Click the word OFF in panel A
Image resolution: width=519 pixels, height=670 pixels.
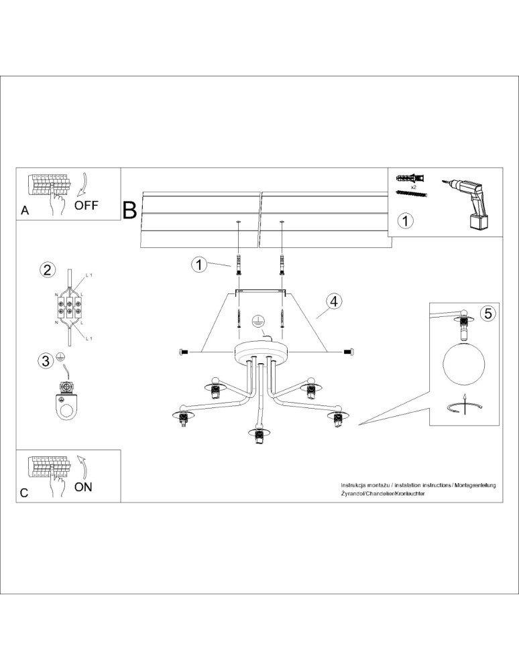tap(86, 205)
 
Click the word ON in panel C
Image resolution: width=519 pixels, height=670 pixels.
tap(83, 487)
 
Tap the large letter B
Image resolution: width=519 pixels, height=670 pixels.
tap(129, 210)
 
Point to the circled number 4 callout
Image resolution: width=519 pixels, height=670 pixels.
tap(333, 301)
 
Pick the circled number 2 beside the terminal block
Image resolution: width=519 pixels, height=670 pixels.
tap(47, 270)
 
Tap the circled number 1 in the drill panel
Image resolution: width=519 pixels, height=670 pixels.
tap(406, 220)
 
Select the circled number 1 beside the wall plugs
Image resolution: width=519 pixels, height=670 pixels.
tap(198, 265)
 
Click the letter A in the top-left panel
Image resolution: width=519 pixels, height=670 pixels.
tap(25, 210)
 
